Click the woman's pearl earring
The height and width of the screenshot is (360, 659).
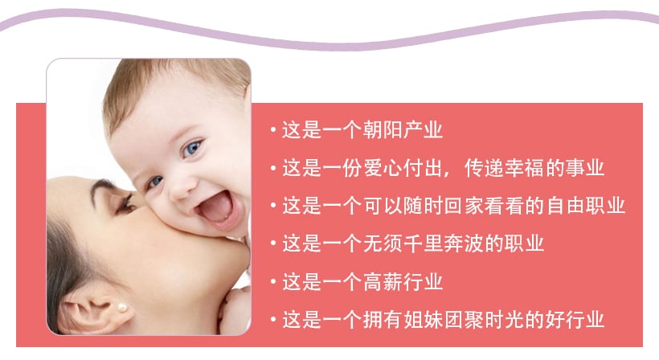click(122, 308)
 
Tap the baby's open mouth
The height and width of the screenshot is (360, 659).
click(215, 209)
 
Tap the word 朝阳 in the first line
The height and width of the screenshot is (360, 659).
click(383, 130)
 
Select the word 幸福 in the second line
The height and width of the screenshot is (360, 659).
click(524, 168)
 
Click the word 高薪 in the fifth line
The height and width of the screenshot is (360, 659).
click(383, 282)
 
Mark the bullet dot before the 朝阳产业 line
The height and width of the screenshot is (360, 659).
click(273, 130)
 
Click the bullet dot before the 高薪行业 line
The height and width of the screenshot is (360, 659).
click(273, 282)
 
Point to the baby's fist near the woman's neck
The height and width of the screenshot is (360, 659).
click(235, 310)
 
